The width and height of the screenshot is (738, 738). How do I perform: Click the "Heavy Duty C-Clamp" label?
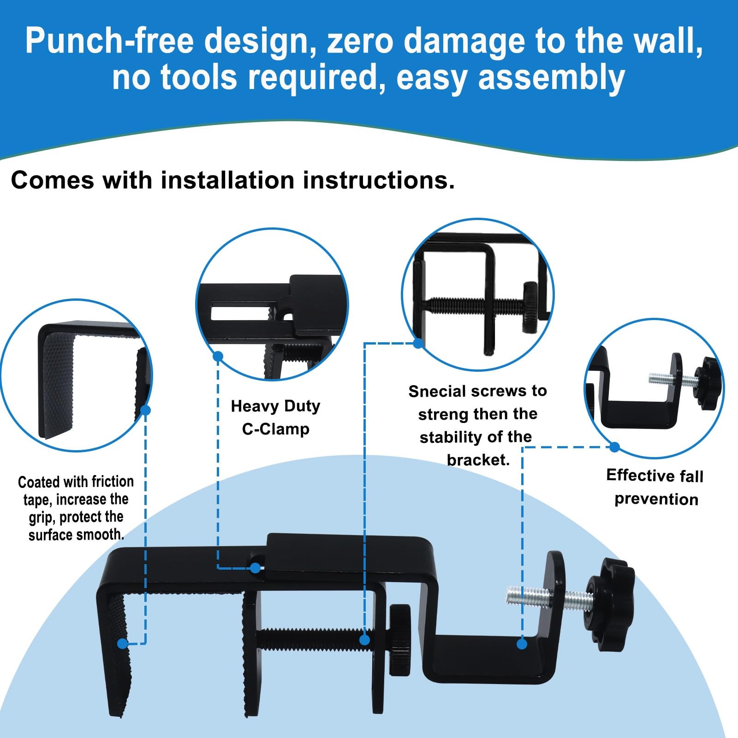276,417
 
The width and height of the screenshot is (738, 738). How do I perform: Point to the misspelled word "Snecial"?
437,392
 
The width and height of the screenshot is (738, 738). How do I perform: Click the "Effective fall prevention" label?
655,487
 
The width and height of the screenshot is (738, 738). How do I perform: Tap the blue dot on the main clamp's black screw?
364,640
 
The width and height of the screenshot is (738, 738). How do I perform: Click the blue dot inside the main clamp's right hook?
522,644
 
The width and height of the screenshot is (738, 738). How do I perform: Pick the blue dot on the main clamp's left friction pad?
122,643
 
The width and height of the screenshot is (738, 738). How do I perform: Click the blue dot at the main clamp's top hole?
255,568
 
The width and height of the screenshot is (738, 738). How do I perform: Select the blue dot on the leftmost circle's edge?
146,410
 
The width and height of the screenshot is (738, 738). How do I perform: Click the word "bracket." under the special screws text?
478,460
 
